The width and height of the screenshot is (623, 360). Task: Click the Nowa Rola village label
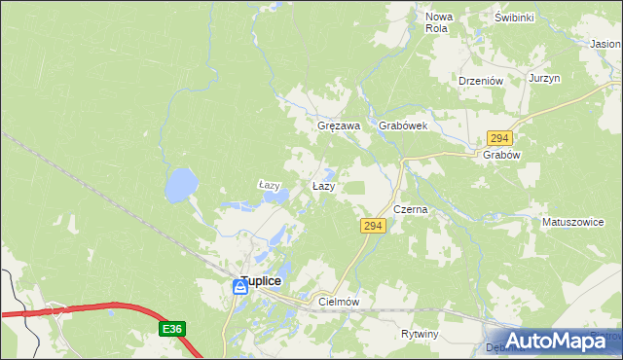[440, 22]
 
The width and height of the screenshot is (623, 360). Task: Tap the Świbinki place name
[515, 18]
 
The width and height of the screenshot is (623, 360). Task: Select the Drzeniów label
[479, 82]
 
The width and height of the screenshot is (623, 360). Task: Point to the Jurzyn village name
[545, 79]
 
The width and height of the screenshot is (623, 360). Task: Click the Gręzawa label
[340, 126]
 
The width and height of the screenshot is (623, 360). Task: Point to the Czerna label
[411, 209]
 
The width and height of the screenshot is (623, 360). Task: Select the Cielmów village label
[340, 303]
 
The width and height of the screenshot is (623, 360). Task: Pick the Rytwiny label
[421, 334]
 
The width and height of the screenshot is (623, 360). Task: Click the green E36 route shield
[172, 330]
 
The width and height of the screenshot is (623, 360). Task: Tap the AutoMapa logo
[550, 341]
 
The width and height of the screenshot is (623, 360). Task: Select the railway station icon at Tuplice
[240, 288]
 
